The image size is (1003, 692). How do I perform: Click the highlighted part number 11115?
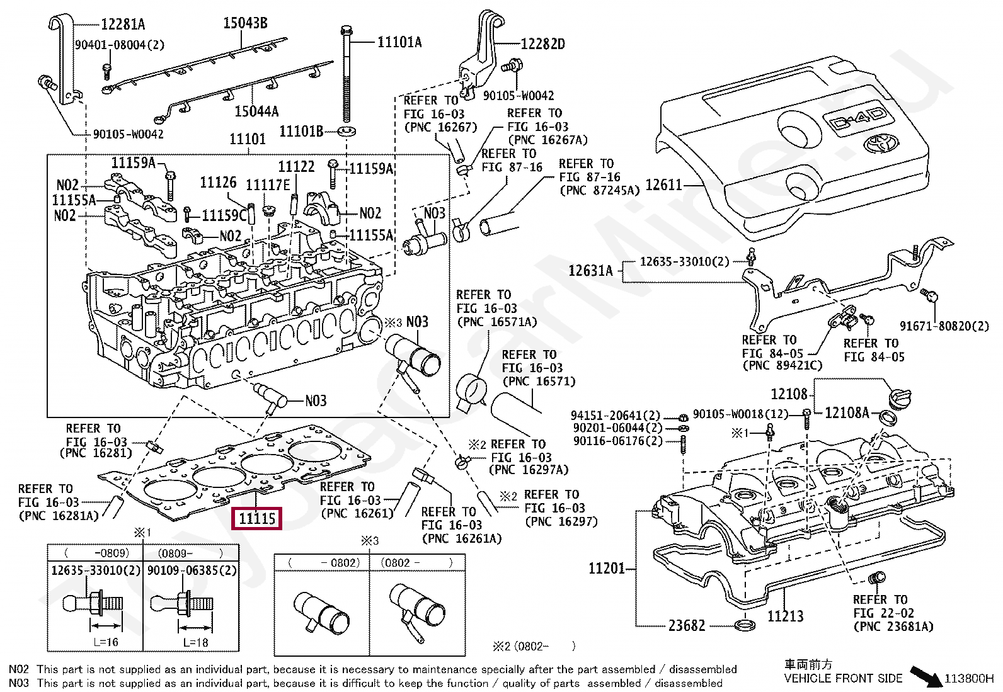257,519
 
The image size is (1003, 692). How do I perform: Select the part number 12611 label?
664,185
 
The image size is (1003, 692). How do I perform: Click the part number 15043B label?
245,24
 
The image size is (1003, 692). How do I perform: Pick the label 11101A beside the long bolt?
399,42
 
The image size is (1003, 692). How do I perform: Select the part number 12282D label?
542,44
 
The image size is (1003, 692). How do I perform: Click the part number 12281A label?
123,25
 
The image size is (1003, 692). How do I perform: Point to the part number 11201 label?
607,569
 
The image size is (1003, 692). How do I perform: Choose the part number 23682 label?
687,626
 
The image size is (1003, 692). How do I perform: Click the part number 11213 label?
785,616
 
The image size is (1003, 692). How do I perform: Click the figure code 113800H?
968,679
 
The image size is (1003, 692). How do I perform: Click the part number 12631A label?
590,271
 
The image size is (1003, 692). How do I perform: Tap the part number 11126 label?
218,183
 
